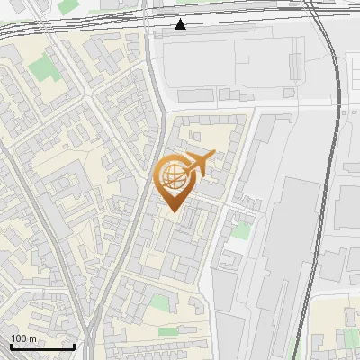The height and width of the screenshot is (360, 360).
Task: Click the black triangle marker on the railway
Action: coord(181,24)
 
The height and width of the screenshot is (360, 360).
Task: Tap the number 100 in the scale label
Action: coord(19,338)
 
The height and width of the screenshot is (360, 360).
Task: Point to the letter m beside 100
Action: coord(32,338)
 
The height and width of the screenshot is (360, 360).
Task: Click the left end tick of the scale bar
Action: coord(10,346)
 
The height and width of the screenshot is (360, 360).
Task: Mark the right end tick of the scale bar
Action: coord(74,346)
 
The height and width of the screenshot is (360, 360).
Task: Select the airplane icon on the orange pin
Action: coord(198,163)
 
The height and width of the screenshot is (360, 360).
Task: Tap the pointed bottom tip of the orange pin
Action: coord(174,212)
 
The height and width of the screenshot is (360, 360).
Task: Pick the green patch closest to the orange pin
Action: coord(241,230)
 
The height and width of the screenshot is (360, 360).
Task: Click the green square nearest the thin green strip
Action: coord(159,303)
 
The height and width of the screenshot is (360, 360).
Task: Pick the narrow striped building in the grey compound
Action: coord(295,64)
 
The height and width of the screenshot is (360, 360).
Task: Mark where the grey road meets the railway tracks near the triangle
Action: coord(154,27)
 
